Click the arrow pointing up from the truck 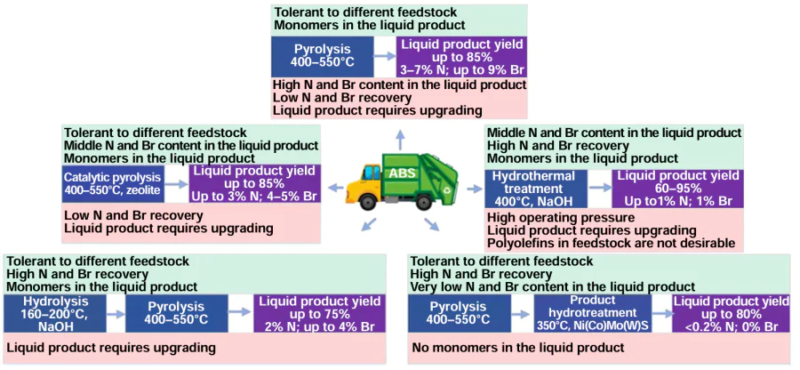point(400,139)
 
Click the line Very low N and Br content point(552,286)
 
